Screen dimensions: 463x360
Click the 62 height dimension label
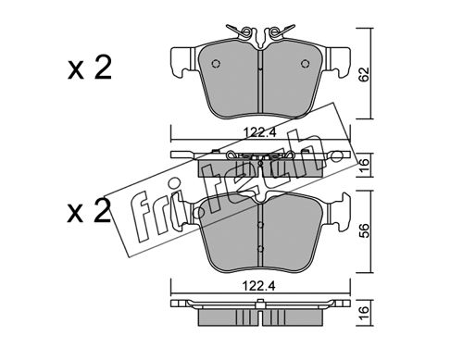[365, 74]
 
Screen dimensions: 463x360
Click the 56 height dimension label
[365, 230]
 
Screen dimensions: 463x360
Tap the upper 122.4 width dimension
[259, 132]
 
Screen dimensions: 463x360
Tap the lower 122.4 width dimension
[258, 286]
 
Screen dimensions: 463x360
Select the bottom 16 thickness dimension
[365, 313]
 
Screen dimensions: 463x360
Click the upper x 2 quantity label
[90, 68]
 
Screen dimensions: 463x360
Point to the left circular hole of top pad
[216, 64]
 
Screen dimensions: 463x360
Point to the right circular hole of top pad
[305, 64]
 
